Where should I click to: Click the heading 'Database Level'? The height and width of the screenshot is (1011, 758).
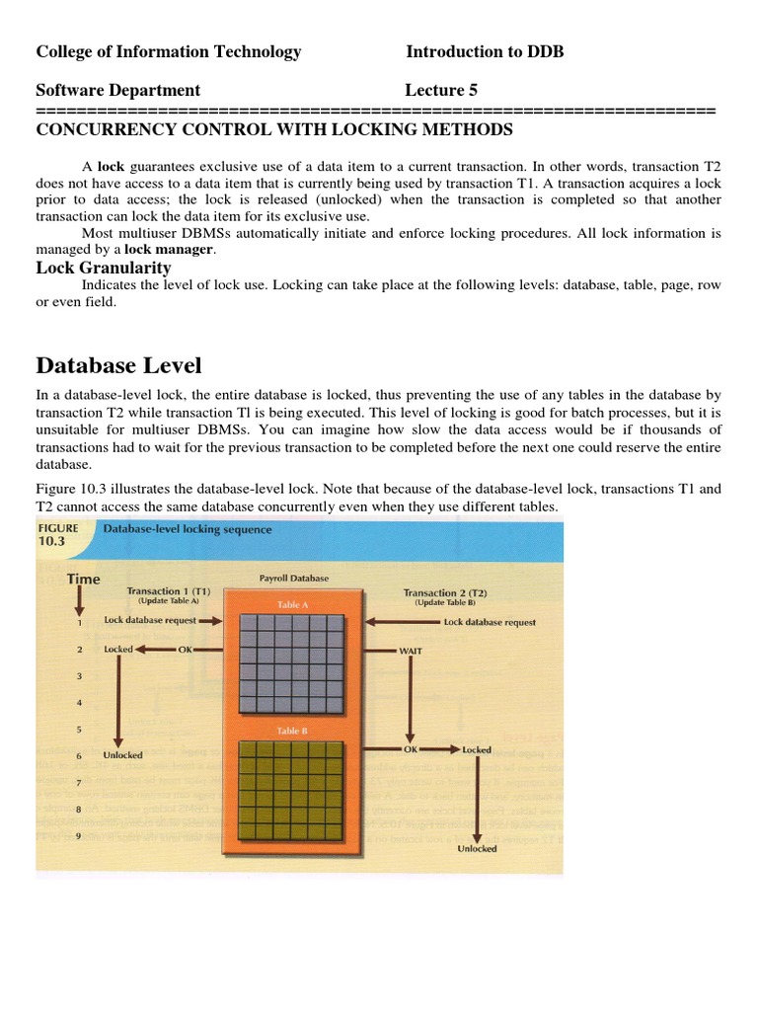(x=118, y=365)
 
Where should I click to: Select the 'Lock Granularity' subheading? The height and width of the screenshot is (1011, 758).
(x=104, y=268)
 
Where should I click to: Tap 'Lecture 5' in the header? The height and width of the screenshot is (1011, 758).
(x=441, y=90)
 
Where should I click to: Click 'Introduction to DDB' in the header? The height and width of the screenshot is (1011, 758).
(x=485, y=52)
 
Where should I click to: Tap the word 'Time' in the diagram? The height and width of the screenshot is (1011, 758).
(x=83, y=579)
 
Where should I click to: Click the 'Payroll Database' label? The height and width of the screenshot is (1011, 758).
(x=295, y=578)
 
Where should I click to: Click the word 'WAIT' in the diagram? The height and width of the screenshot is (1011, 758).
(x=412, y=652)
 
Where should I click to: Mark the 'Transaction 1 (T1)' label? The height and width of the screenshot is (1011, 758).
(x=169, y=591)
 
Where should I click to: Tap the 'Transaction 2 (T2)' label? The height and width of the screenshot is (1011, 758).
(x=445, y=592)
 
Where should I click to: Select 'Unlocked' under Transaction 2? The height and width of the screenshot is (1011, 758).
(x=477, y=848)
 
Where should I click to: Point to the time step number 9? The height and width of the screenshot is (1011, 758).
(x=78, y=837)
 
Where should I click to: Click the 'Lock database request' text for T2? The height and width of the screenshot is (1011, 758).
(x=490, y=623)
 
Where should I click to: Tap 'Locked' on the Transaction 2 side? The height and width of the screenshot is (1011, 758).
(x=477, y=750)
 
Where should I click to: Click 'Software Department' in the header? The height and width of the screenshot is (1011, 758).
(x=118, y=90)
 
